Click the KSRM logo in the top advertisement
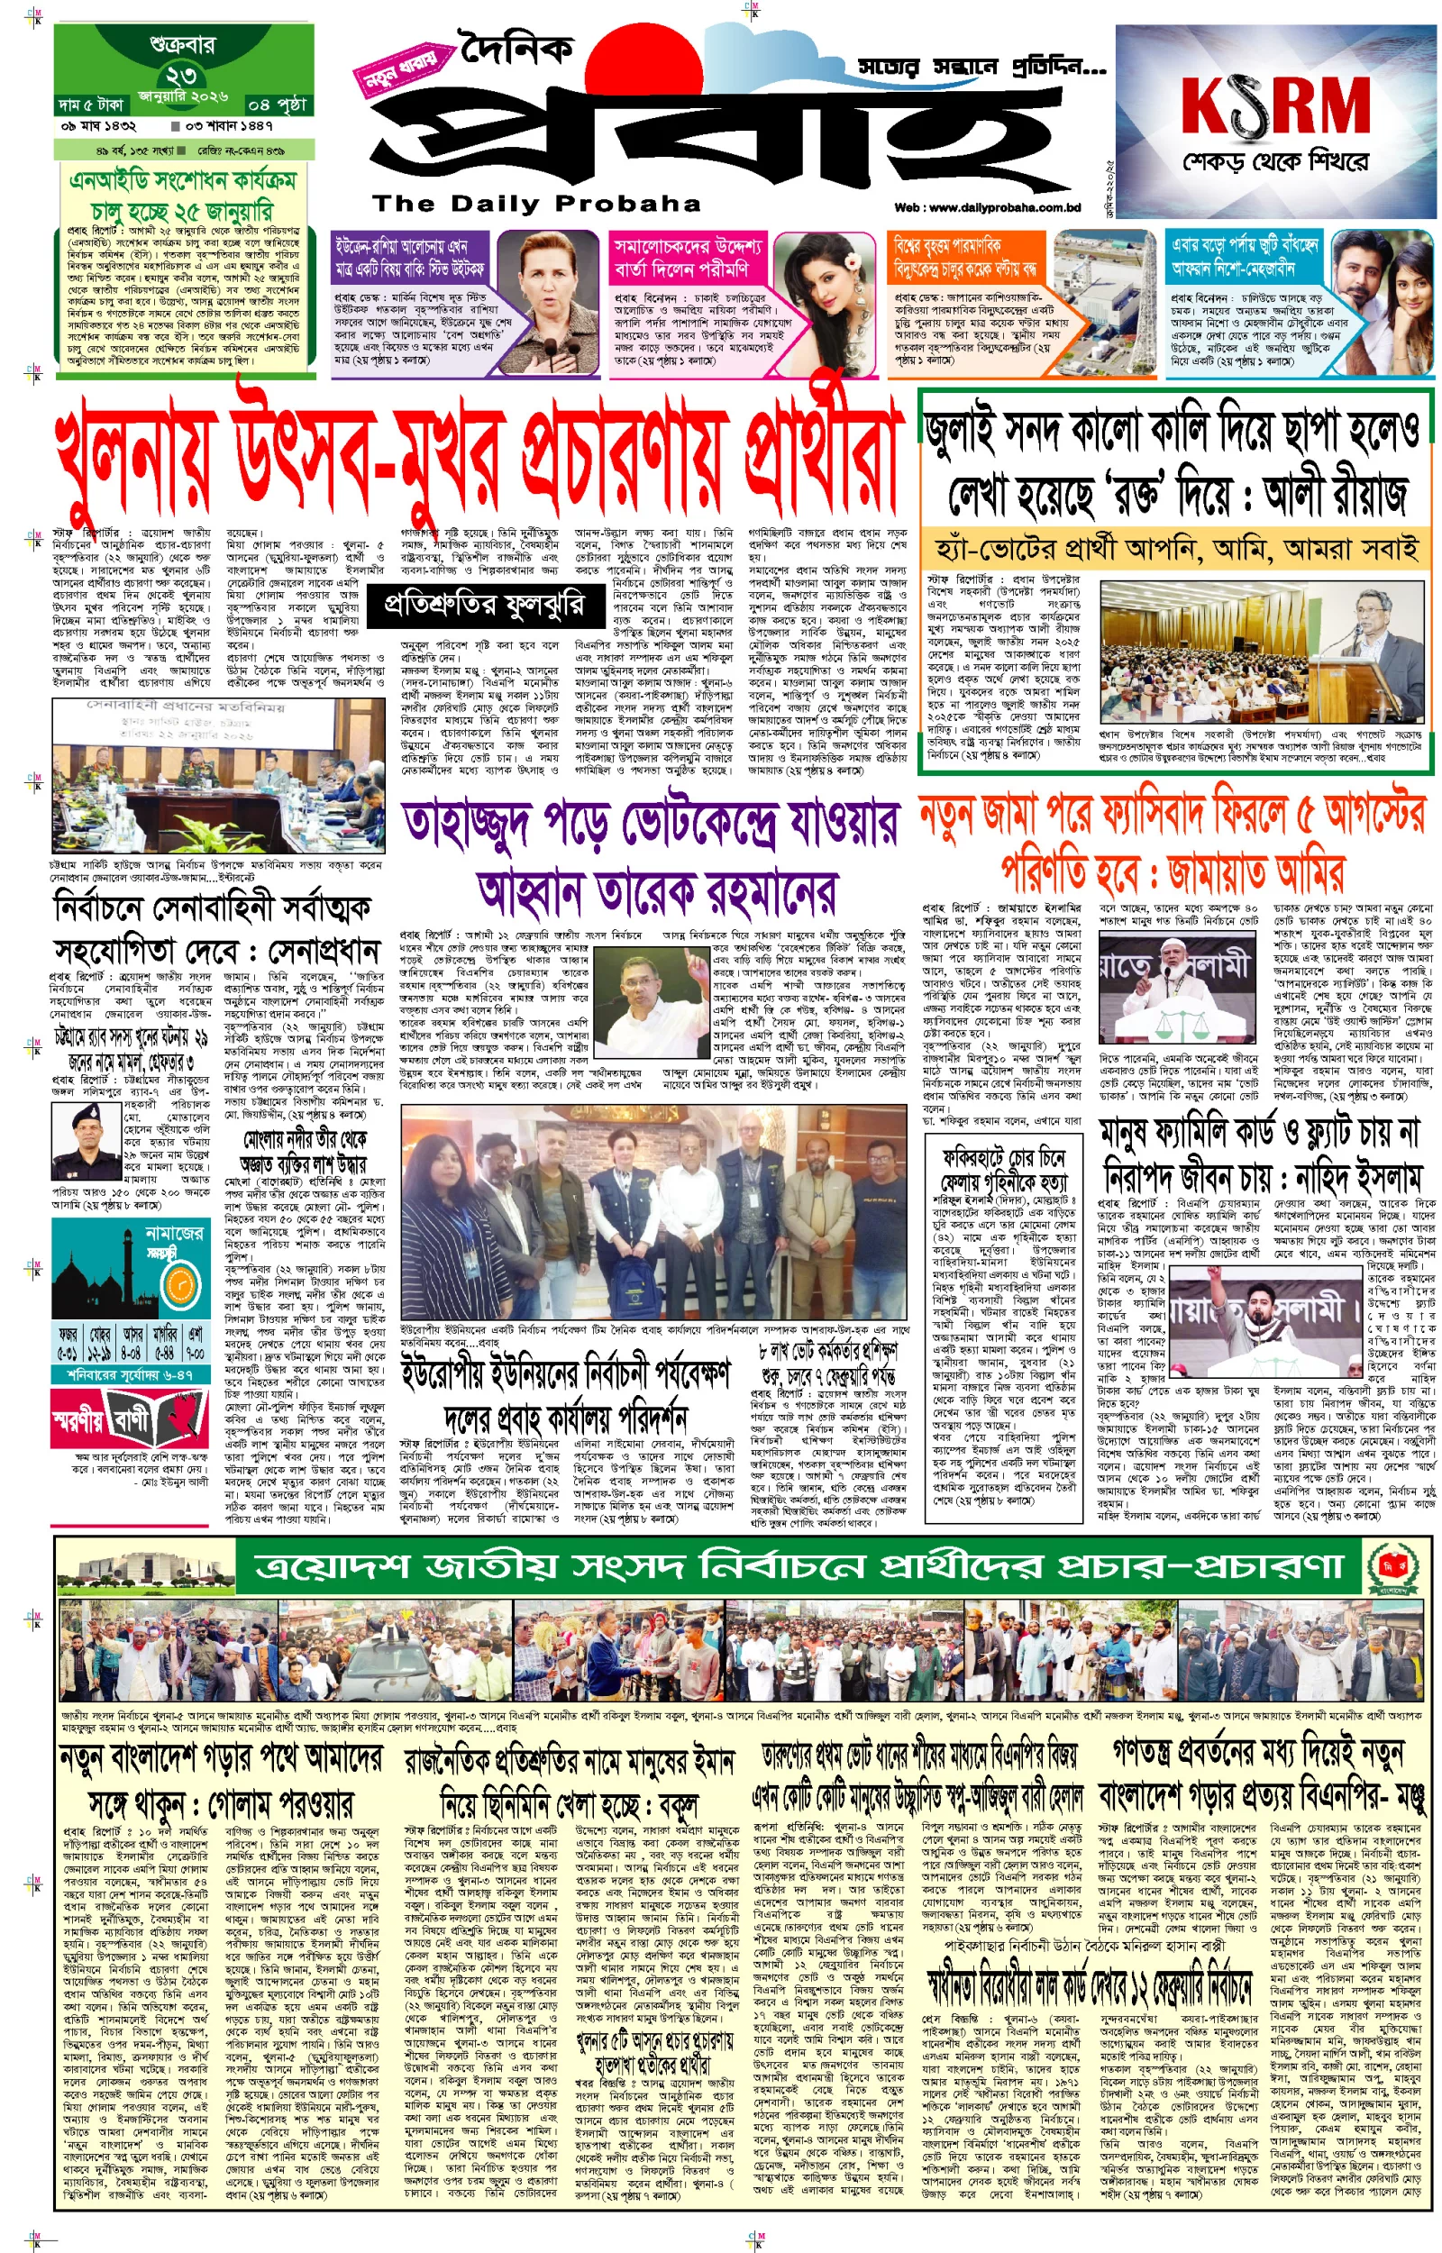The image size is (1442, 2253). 1275,105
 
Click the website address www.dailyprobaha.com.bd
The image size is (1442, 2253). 987,208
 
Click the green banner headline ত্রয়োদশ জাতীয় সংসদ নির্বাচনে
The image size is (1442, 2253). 712,1565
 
